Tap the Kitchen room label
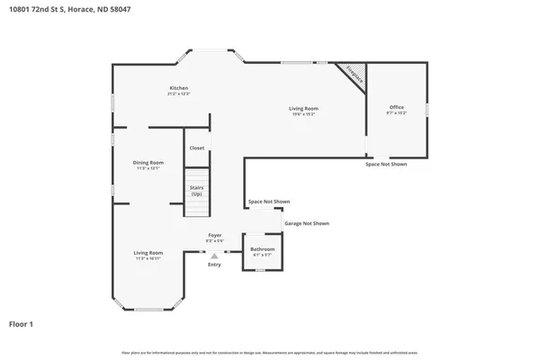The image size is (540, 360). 177,87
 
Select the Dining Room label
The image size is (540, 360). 148,162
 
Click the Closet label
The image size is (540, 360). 196,148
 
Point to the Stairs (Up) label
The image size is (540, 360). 196,190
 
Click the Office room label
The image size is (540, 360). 397,107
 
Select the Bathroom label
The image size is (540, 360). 262,248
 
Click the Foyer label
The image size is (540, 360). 214,235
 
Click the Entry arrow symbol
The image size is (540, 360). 214,256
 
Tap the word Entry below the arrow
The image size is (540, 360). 214,265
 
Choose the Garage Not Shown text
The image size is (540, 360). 307,222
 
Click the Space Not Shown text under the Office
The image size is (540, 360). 385,165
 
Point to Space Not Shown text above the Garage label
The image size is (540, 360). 269,202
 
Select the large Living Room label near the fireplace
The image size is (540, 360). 302,108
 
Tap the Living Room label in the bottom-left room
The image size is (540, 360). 148,252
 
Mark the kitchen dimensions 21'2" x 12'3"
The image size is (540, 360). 177,94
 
